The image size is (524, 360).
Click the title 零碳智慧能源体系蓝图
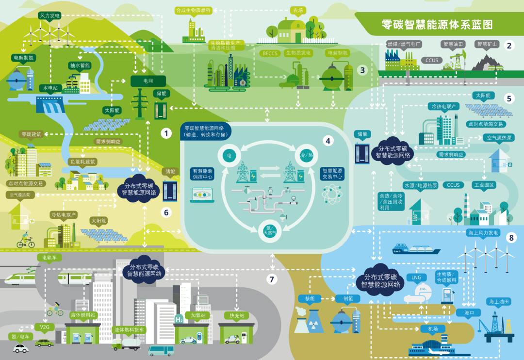pos(437,25)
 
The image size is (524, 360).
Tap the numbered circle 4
pos(328,141)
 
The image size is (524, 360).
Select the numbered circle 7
pos(272,279)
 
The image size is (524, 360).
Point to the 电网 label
pos(148,81)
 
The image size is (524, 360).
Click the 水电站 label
pos(49,88)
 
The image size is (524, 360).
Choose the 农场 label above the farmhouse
pos(297,10)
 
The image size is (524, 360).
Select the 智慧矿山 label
pos(487,44)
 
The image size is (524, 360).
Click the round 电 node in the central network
pos(229,155)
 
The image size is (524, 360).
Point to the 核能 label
pos(310,298)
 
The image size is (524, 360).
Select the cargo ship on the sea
pos(416,249)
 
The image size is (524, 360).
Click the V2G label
pos(45,327)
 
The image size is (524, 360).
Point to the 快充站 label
pos(236,315)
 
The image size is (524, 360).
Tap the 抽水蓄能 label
pos(79,65)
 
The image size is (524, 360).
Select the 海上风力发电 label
pos(483,233)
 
